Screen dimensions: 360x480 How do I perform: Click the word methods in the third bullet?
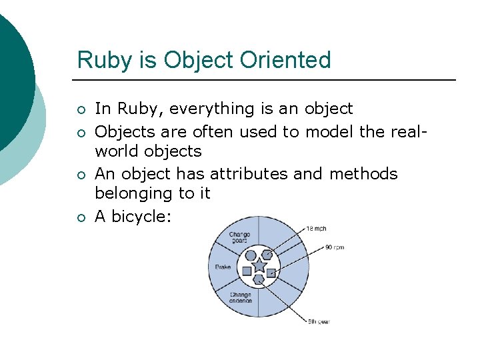pos(363,174)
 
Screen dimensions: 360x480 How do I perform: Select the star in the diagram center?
pos(259,266)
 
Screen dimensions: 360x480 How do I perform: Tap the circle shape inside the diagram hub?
pos(251,255)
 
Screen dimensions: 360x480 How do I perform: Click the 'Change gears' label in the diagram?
pos(239,238)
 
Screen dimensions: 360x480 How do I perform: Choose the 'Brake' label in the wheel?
pos(223,267)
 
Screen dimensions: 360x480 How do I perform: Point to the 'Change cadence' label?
pos(241,297)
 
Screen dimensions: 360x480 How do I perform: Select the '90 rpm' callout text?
pos(334,247)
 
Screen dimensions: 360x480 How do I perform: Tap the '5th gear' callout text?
pos(319,322)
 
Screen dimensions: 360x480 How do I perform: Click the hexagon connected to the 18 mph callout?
pos(267,254)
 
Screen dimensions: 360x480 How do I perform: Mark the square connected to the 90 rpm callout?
pos(271,272)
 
